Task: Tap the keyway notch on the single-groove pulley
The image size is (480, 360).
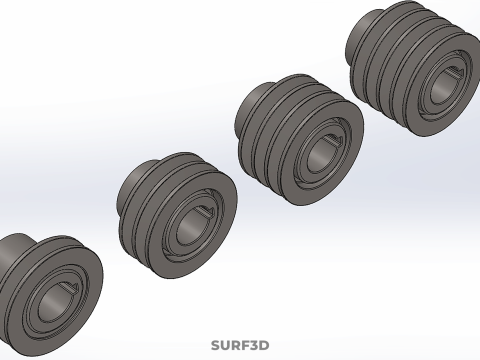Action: click(71, 287)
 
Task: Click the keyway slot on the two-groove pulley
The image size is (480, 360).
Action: click(204, 210)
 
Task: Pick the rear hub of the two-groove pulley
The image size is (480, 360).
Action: click(137, 180)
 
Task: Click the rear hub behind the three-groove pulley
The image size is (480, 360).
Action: click(253, 103)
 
